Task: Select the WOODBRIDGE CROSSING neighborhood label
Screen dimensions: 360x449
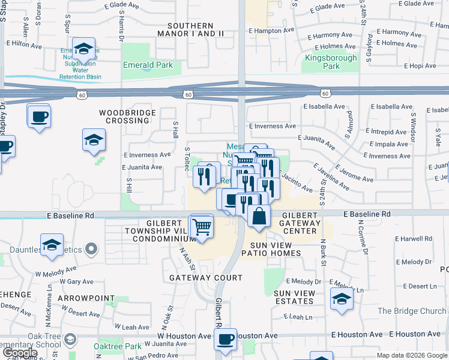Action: click(x=124, y=116)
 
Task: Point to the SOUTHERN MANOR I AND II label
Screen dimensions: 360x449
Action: click(x=190, y=29)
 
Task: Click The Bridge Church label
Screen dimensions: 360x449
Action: click(x=412, y=311)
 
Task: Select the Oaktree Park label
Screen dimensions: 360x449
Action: click(x=118, y=346)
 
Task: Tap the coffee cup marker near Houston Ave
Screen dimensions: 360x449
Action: click(x=226, y=339)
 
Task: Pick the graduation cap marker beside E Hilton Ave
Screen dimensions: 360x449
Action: click(x=83, y=47)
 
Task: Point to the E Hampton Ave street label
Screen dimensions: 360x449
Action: click(x=271, y=29)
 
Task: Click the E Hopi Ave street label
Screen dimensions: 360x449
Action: click(x=423, y=66)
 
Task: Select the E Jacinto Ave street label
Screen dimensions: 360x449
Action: click(x=297, y=182)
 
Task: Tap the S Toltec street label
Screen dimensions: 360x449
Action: click(x=188, y=159)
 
